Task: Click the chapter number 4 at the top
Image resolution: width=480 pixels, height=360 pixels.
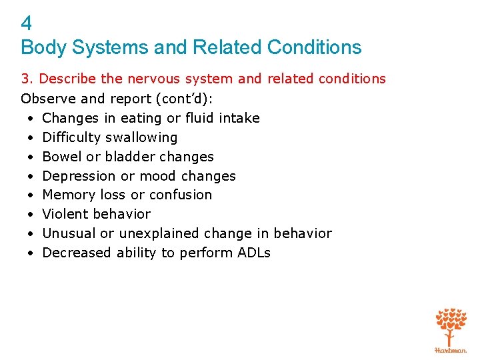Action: pyautogui.click(x=26, y=24)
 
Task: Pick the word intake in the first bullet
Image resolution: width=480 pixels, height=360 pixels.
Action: pyautogui.click(x=239, y=118)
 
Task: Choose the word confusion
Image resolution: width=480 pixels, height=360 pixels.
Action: pyautogui.click(x=180, y=195)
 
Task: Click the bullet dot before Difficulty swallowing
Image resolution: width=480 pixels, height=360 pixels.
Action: pyautogui.click(x=31, y=137)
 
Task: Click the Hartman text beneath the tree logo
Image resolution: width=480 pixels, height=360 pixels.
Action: pyautogui.click(x=451, y=349)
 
